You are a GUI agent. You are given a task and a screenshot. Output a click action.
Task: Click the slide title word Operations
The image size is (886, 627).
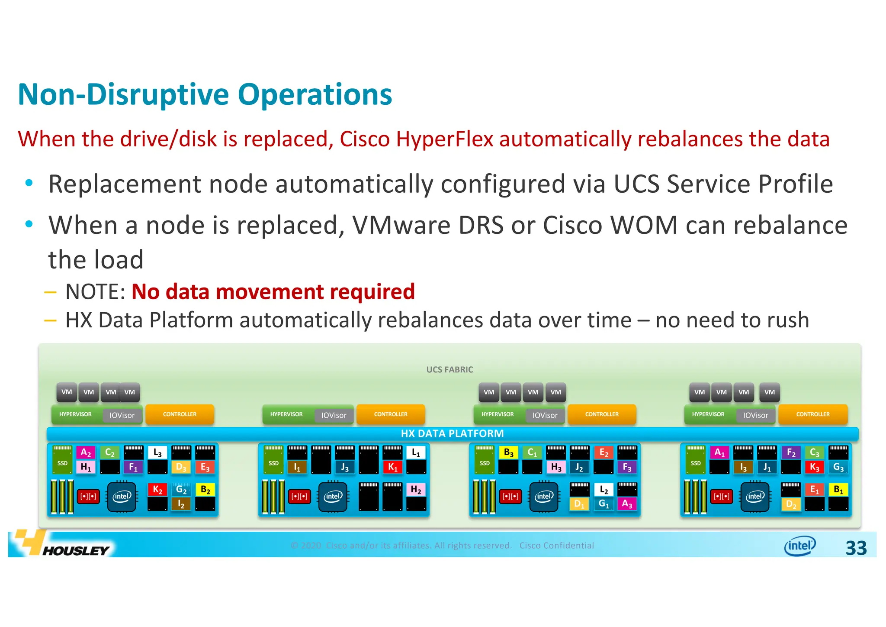click(x=315, y=95)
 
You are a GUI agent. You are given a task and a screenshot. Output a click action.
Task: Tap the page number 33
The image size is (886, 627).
click(x=856, y=548)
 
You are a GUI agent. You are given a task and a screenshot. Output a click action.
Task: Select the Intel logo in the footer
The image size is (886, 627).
click(x=799, y=546)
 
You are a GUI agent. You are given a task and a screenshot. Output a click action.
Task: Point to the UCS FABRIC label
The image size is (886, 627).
click(x=449, y=369)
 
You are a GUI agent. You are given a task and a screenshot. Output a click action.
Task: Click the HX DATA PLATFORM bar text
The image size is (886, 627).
click(x=452, y=433)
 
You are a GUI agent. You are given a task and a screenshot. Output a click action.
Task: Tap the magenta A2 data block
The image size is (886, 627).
click(x=86, y=452)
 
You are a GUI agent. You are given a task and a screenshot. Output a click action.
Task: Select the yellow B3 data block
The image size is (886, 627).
click(x=508, y=452)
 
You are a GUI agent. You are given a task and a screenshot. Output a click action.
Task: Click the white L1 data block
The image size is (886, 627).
click(x=416, y=452)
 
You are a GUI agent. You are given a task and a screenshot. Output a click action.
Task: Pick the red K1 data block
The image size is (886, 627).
click(x=392, y=467)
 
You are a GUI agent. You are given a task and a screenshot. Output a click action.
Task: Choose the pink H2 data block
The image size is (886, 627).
click(x=416, y=489)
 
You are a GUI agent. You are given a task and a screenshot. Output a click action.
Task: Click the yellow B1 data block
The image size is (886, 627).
click(x=838, y=489)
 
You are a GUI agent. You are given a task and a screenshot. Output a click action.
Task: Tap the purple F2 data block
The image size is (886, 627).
click(x=791, y=452)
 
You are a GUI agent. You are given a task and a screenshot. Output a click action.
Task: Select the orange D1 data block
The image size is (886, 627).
click(x=579, y=504)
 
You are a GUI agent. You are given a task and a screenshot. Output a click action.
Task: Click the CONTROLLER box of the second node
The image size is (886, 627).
click(x=391, y=414)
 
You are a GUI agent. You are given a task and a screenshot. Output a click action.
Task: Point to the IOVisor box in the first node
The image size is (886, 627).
click(x=122, y=415)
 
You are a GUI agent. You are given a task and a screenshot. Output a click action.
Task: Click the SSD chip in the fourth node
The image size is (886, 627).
click(x=696, y=462)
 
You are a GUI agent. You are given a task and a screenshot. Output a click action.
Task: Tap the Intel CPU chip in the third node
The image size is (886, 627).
click(x=544, y=496)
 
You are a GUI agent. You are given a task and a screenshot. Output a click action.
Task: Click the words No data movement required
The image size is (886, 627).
click(x=273, y=291)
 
